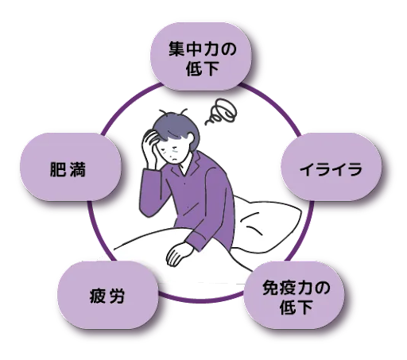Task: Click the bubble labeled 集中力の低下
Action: coord(201,56)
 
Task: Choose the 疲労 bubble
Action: coord(108,295)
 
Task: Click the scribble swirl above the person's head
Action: coord(221,111)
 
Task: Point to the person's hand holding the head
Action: coord(150,149)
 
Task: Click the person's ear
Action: coord(190,137)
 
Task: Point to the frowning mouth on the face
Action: coord(173,160)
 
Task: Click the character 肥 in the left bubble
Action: coord(58,169)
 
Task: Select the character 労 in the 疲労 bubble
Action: coord(116,296)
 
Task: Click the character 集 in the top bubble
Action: coord(176,48)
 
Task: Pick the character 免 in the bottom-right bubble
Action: coord(270,288)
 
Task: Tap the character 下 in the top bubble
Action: coord(211,68)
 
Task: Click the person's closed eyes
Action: coord(169,149)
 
